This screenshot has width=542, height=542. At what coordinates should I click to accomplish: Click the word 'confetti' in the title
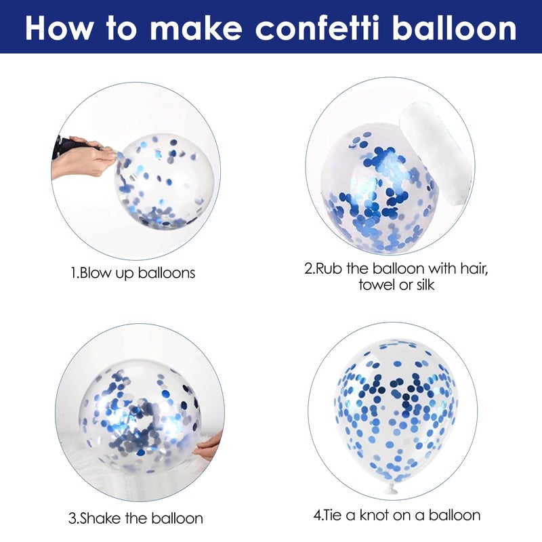(x=317, y=28)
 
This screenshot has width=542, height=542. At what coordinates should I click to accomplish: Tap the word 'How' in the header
(x=58, y=28)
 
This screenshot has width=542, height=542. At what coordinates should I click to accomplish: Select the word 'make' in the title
(x=196, y=28)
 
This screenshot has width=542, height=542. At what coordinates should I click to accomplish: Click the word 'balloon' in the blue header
(x=454, y=28)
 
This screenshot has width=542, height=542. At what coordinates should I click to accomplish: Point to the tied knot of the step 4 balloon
(x=391, y=488)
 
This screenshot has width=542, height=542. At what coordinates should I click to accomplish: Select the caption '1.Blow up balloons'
(x=133, y=273)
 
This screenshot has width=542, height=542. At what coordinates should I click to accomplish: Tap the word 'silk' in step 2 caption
(x=424, y=285)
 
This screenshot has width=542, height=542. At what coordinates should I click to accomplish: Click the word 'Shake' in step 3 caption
(x=100, y=518)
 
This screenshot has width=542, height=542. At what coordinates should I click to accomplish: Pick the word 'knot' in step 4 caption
(x=375, y=516)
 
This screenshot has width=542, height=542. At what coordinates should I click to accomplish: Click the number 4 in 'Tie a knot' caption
(x=317, y=516)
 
